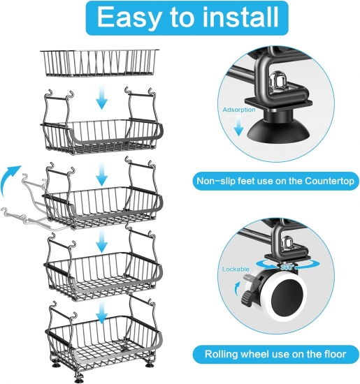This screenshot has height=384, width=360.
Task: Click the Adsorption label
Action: [x=239, y=110]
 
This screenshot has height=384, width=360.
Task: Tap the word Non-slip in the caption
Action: [x=215, y=182]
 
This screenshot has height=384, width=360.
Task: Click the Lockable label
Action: [x=236, y=269]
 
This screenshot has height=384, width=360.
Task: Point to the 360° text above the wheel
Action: [x=287, y=267]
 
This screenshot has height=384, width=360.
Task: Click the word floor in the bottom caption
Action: [x=336, y=354]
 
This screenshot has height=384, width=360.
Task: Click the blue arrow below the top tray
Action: [x=102, y=97]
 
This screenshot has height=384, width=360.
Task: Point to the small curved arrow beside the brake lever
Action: [x=238, y=288]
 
